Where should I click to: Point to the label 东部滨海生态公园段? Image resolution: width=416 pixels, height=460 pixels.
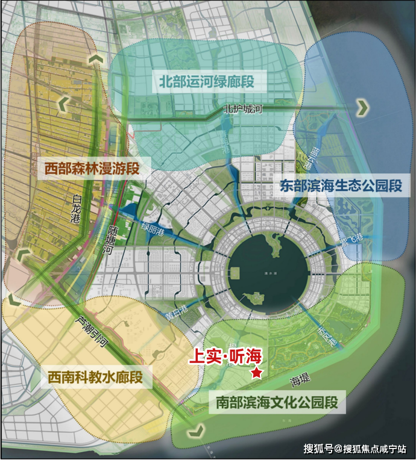click(341, 186)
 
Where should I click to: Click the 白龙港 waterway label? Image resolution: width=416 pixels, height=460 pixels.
click(75, 208)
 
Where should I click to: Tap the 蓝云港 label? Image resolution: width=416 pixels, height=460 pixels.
click(312, 160)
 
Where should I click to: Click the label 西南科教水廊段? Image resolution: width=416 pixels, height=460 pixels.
click(95, 378)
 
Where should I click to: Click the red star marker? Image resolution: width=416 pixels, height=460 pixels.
click(257, 373)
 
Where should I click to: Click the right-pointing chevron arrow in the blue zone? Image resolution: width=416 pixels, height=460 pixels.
click(362, 108)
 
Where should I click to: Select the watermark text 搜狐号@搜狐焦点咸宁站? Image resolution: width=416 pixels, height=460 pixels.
click(355, 449)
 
